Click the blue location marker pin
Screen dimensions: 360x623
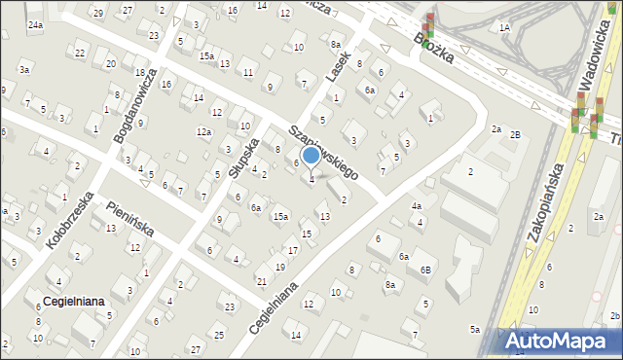(x=311, y=155)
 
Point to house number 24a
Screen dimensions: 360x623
(x=35, y=24)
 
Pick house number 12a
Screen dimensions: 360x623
(x=203, y=131)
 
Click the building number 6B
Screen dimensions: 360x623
(x=425, y=270)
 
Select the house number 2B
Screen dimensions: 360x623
(x=516, y=133)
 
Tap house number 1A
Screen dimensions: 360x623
(x=504, y=28)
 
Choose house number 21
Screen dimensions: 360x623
(x=261, y=281)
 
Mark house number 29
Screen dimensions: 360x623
(x=97, y=13)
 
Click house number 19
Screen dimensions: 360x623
(x=279, y=267)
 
